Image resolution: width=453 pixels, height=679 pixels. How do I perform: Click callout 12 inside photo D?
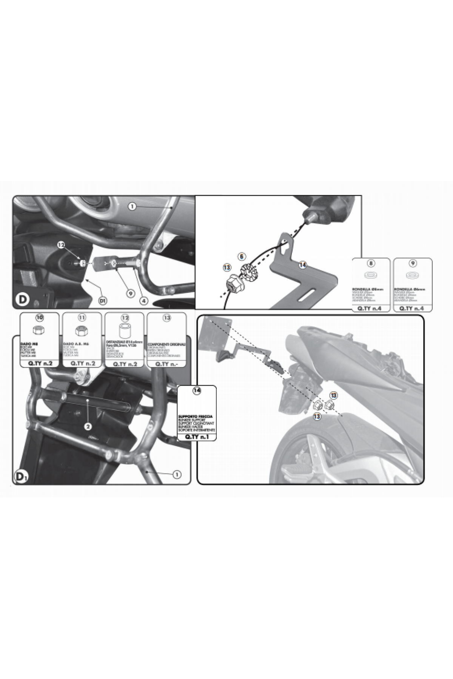[x=61, y=245]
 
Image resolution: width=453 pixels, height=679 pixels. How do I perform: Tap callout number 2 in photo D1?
[x=88, y=427]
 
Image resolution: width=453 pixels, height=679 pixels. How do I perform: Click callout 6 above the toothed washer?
[x=242, y=256]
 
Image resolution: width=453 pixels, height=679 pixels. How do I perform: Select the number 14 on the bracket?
[x=302, y=265]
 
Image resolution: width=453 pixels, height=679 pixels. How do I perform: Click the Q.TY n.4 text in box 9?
[x=413, y=307]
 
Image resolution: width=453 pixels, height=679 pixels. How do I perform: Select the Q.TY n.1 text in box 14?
[x=197, y=437]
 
